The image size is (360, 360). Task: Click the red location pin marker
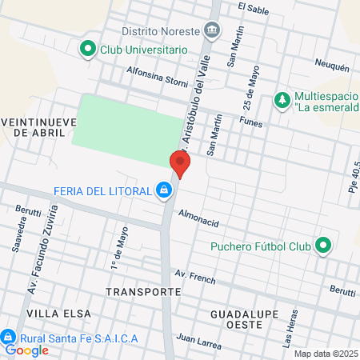(x=180, y=166)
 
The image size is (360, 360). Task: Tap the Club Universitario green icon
(x=87, y=50)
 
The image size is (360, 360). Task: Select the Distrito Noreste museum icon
(x=212, y=32)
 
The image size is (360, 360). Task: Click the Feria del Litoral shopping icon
(x=163, y=190)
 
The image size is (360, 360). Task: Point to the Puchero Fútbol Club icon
(x=323, y=246)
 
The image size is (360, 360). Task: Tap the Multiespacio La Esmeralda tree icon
(x=281, y=100)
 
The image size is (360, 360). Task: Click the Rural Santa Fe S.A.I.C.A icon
(x=9, y=338)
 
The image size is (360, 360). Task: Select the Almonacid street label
(x=198, y=216)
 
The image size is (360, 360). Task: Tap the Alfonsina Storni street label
(x=156, y=74)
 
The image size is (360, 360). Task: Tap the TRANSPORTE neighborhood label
(x=143, y=292)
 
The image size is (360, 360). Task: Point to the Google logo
(x=27, y=350)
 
